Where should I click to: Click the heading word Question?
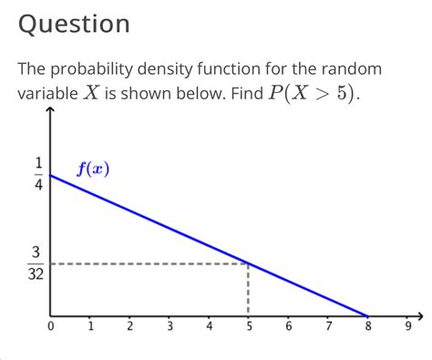tap(74, 25)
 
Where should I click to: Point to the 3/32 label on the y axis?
tap(37, 263)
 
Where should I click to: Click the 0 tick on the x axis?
tap(51, 325)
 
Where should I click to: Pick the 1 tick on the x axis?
tap(90, 325)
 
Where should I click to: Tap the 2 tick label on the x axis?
tap(129, 325)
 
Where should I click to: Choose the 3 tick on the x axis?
tap(170, 325)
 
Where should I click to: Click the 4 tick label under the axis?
tap(209, 325)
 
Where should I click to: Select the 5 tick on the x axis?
tap(248, 325)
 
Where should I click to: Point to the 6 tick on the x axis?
tap(288, 325)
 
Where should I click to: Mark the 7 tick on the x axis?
tap(328, 325)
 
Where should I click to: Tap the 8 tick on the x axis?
tap(367, 325)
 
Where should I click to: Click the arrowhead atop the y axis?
tap(51, 111)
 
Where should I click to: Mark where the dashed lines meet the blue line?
tap(248, 264)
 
